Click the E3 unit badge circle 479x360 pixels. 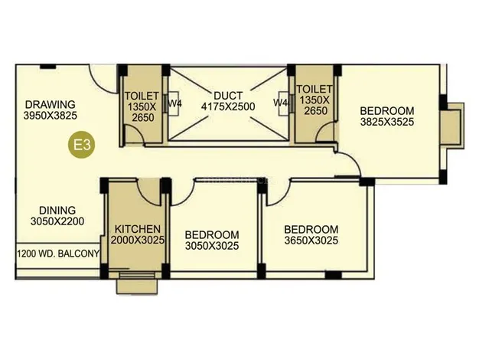[81, 145]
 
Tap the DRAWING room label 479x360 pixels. [50, 104]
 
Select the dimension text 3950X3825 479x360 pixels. [51, 116]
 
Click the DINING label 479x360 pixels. [57, 210]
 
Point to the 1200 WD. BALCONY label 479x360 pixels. [58, 254]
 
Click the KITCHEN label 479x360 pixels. [138, 229]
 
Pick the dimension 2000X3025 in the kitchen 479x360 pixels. [138, 240]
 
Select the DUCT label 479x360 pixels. [228, 96]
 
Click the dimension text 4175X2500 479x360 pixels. [228, 106]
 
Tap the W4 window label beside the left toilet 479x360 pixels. [175, 103]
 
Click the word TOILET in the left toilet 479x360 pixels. [142, 96]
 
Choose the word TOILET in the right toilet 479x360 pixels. [314, 89]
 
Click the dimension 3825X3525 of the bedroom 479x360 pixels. [387, 122]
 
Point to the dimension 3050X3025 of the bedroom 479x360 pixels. [212, 246]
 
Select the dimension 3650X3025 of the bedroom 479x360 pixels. [311, 241]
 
